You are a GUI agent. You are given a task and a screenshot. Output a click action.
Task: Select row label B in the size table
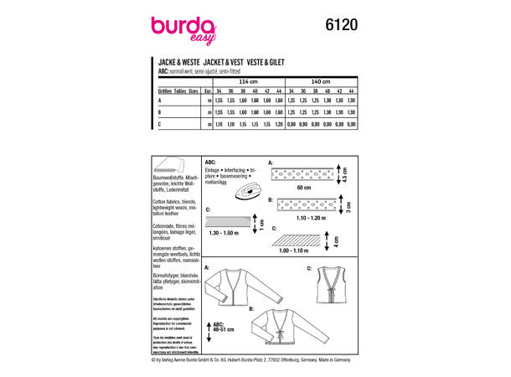pyautogui.click(x=160, y=111)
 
